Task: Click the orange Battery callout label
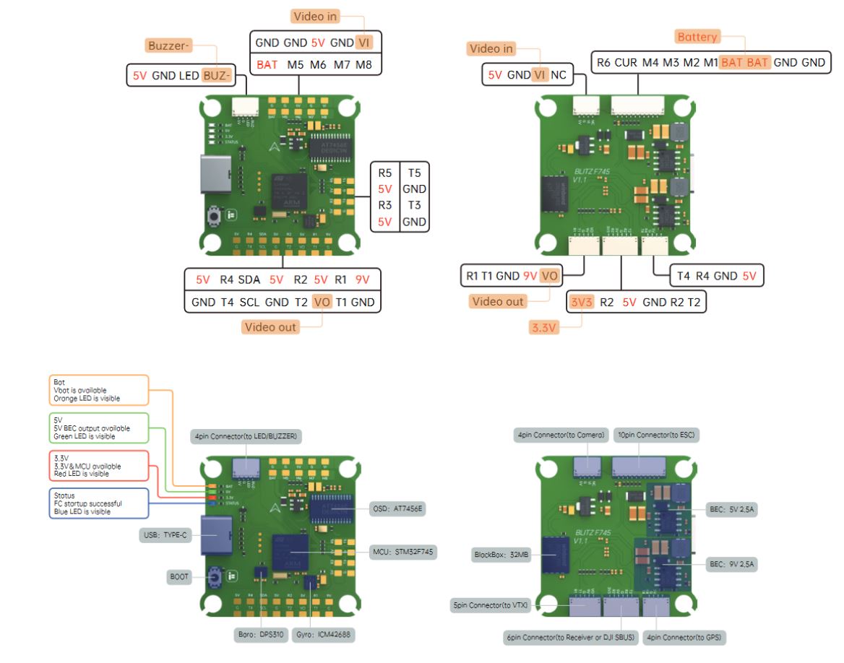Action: pos(697,37)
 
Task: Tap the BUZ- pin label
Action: pos(215,74)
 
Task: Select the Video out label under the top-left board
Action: pos(270,327)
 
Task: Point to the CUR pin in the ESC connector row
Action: pos(626,63)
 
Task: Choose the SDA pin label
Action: pos(249,279)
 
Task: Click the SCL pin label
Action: pos(249,302)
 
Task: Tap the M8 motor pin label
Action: pos(363,64)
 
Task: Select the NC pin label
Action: pos(559,74)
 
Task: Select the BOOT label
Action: pos(178,577)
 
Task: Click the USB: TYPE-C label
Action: pos(165,535)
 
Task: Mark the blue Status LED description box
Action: pos(98,503)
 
